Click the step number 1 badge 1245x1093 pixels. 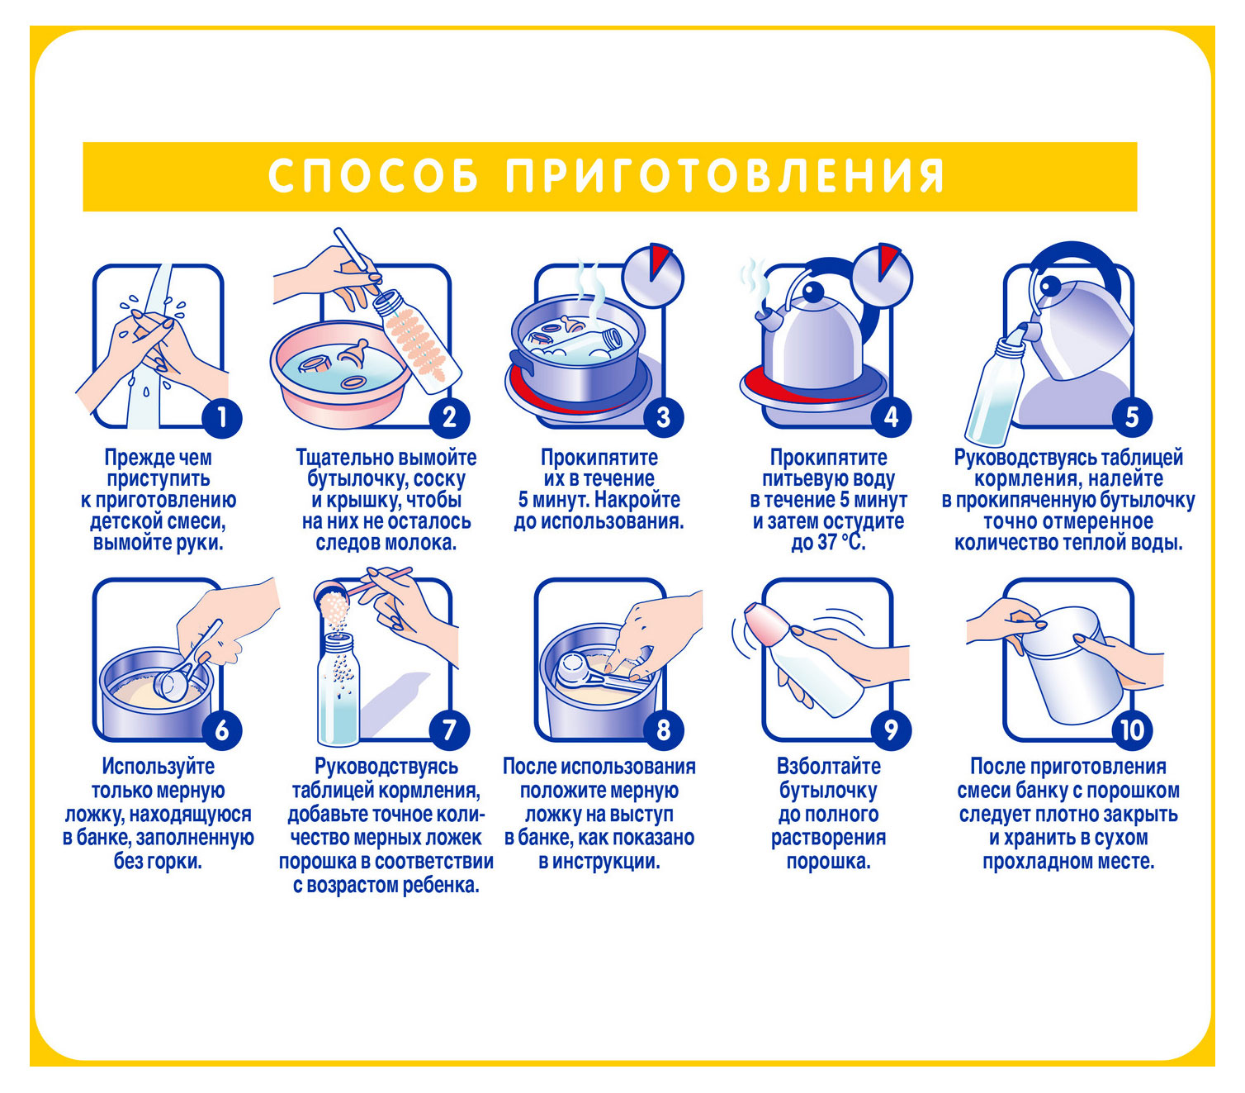(x=222, y=418)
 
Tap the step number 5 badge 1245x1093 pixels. (x=1132, y=417)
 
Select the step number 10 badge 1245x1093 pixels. (x=1132, y=730)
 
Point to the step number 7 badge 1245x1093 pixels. (x=450, y=730)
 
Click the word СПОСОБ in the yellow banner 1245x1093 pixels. (x=373, y=176)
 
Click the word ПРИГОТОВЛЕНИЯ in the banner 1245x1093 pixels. (x=725, y=176)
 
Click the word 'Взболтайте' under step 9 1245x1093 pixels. (x=828, y=767)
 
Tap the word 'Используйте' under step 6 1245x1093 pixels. (x=159, y=767)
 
